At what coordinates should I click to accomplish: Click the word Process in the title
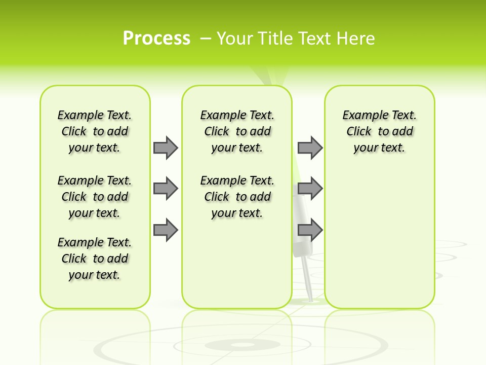click(156, 39)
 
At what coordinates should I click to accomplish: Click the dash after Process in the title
click(206, 39)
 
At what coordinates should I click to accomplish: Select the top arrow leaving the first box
click(166, 148)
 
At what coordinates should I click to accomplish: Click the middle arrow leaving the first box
click(166, 189)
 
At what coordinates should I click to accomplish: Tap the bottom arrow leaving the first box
click(166, 230)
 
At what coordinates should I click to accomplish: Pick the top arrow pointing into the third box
click(310, 148)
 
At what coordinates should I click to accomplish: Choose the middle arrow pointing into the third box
click(310, 189)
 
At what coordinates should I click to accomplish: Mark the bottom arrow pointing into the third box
click(310, 230)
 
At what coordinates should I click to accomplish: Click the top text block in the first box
click(95, 131)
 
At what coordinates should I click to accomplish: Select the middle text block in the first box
click(95, 197)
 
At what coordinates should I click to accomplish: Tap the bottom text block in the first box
click(95, 259)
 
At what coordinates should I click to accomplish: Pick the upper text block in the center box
click(237, 131)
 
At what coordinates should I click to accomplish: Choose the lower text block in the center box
click(237, 197)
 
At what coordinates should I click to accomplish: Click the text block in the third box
click(379, 131)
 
